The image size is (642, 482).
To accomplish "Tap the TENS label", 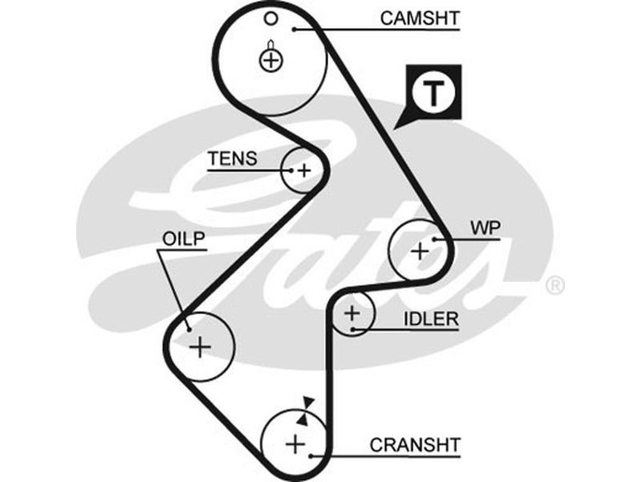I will tap(233, 158).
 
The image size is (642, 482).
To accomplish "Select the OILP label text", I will tap(185, 239).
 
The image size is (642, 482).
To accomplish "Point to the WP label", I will tap(486, 227).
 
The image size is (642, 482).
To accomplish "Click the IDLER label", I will tap(430, 319).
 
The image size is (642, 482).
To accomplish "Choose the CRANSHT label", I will tap(415, 444).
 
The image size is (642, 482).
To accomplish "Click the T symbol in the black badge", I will tap(433, 94).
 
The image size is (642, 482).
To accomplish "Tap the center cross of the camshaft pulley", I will tap(271, 59).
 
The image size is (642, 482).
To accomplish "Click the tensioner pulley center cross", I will tap(303, 170).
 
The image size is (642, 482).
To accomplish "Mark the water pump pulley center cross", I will tap(420, 251).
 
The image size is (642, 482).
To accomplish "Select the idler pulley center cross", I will tap(351, 313).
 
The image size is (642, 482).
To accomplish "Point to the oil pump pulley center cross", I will tap(200, 346).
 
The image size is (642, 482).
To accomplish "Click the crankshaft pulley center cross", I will tap(295, 443).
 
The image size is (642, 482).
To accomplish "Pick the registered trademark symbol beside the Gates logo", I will tap(555, 285).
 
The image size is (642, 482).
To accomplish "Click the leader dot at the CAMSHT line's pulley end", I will tap(295, 30).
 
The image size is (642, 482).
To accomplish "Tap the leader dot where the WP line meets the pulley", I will tap(434, 239).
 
